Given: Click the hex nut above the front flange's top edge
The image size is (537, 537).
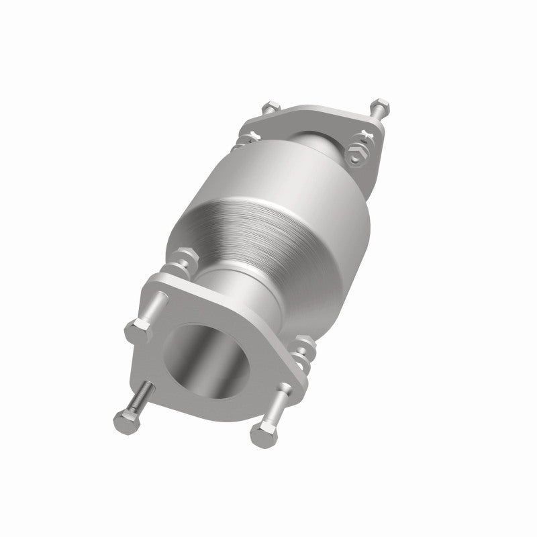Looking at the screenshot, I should click(185, 258).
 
